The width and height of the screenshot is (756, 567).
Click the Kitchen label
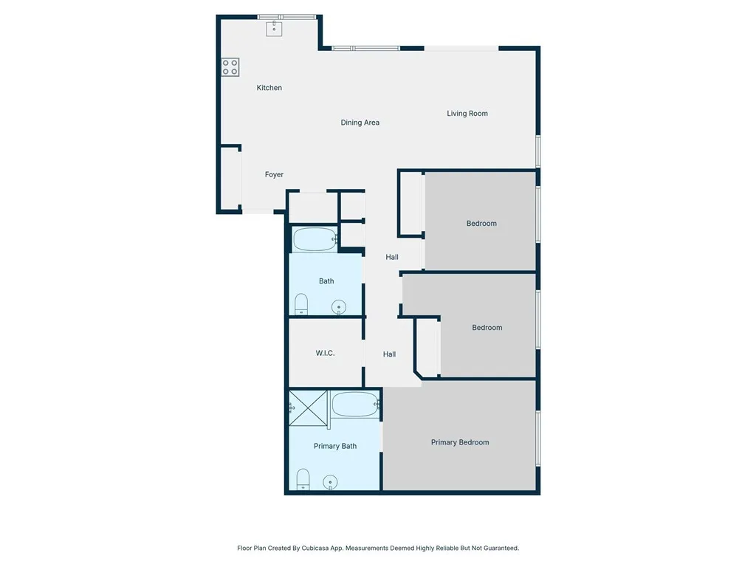click(269, 88)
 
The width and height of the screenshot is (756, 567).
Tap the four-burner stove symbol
click(230, 67)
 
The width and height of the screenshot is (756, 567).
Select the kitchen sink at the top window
click(275, 28)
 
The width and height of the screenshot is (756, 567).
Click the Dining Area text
click(360, 123)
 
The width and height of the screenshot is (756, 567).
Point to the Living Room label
click(467, 114)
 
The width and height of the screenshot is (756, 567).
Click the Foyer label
click(274, 175)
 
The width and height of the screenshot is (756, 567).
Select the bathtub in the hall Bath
click(314, 239)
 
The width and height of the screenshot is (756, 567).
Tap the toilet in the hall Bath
click(301, 304)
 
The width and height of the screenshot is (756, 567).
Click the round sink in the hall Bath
click(339, 306)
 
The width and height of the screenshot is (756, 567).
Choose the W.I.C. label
click(325, 354)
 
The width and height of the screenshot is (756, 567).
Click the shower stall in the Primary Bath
click(308, 407)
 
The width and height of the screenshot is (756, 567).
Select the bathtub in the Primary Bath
click(355, 405)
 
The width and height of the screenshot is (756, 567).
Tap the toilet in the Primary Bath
click(303, 480)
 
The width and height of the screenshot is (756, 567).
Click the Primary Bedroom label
click(459, 442)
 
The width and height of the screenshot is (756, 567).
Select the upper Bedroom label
click(481, 224)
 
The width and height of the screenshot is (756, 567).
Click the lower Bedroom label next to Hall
click(487, 328)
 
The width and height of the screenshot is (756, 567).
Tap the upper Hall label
click(392, 257)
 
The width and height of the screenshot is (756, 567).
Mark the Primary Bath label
click(334, 446)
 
